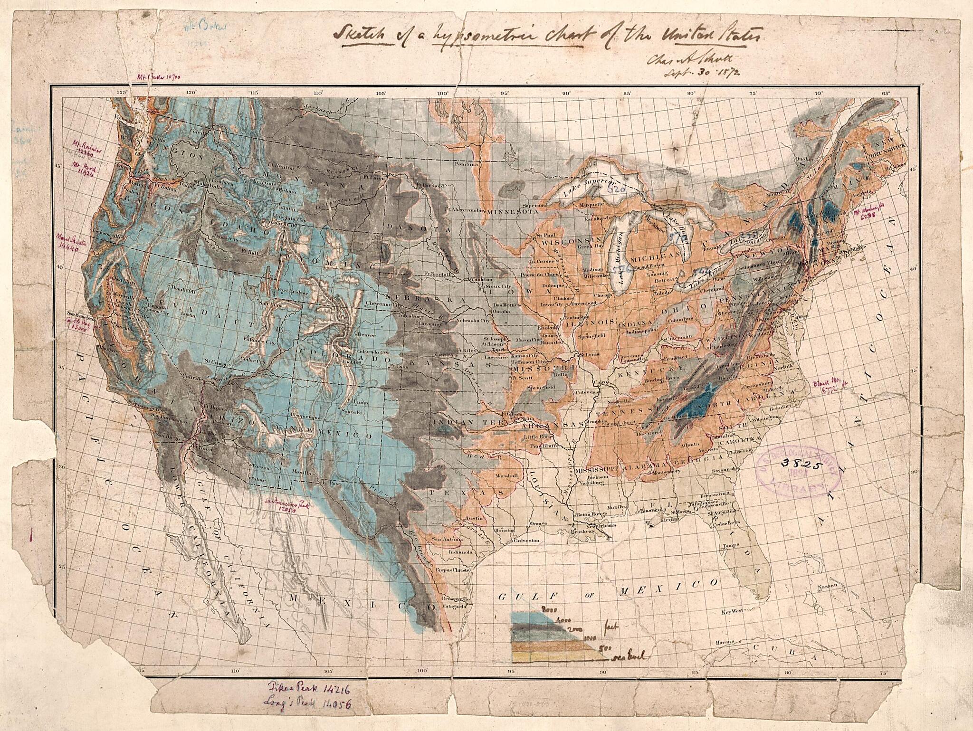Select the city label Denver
367,334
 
